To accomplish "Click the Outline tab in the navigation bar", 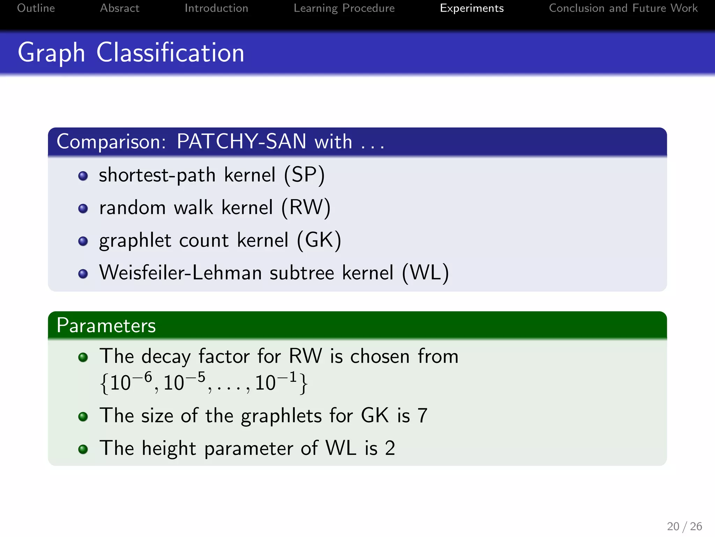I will click(x=36, y=8).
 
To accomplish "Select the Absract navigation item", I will click(x=119, y=8).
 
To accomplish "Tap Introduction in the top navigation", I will click(x=216, y=8).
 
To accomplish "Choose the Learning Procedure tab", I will click(x=344, y=8).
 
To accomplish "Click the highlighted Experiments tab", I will click(x=472, y=8).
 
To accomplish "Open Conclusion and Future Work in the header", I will click(x=623, y=8).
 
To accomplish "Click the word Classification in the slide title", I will click(x=170, y=53).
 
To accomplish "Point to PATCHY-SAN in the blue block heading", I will click(x=241, y=142).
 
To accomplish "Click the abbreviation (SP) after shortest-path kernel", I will click(x=304, y=175).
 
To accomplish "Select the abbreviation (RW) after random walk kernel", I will click(x=306, y=207).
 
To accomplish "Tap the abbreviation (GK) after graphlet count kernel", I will click(x=319, y=240).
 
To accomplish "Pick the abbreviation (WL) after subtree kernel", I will click(x=425, y=273).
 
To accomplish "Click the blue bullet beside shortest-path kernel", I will click(x=83, y=176).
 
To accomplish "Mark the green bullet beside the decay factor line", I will click(x=83, y=357).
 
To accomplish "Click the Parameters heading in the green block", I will click(x=106, y=325).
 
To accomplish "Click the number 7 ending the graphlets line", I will click(x=422, y=416).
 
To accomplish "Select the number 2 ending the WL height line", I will click(x=390, y=448).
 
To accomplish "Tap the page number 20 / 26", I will click(x=684, y=526).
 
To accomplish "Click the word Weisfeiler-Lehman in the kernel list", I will click(x=180, y=273).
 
